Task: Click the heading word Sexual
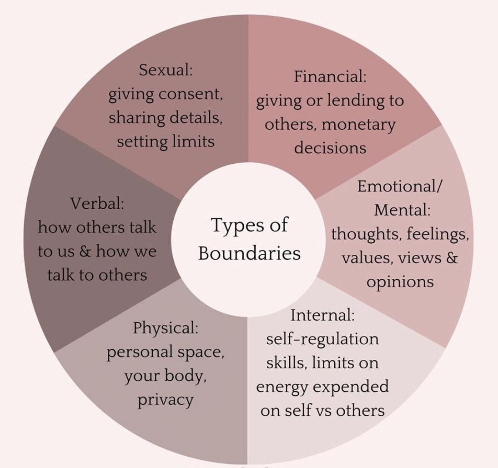pos(166,70)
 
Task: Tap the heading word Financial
pos(330,76)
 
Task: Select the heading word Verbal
pos(97,203)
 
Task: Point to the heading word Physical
pos(165,327)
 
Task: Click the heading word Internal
pos(322,315)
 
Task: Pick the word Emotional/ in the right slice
pos(400,186)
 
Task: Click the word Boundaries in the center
pos(249,253)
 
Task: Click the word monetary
pos(358,124)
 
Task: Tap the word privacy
pos(166,400)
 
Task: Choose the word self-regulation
pos(322,339)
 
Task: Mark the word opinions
pos(400,282)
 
